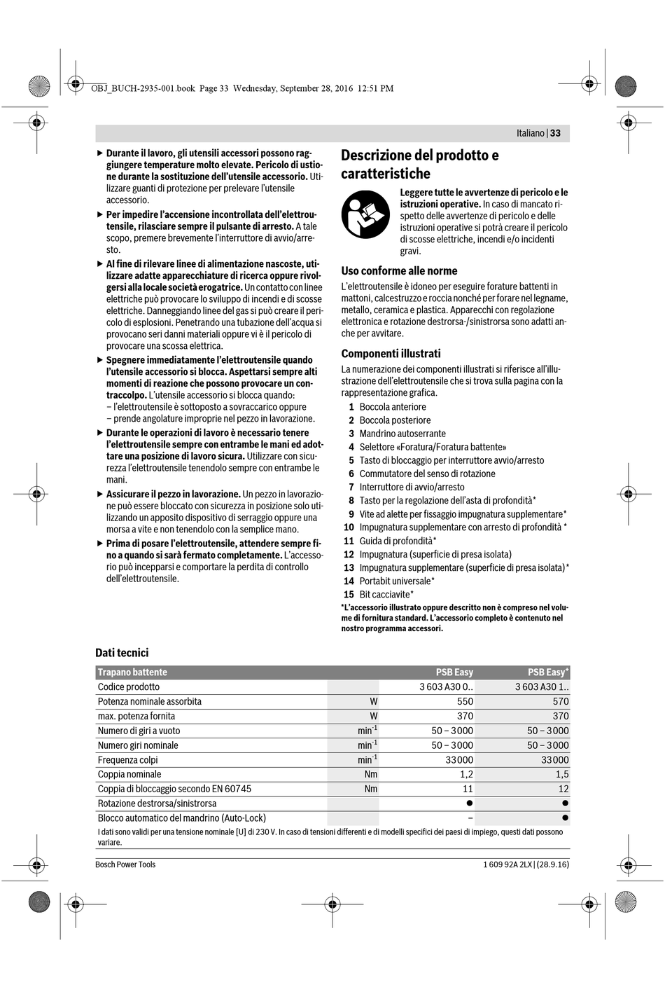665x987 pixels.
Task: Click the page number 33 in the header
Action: (555, 133)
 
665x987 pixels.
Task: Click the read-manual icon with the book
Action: (365, 214)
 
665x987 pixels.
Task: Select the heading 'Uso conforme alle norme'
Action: (399, 271)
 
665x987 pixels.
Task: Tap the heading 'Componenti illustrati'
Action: (391, 354)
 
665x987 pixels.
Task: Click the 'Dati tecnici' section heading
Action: (122, 653)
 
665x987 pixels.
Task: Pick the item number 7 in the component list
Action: (351, 487)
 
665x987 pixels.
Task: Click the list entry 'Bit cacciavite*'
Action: (386, 595)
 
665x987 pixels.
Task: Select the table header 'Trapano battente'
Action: (132, 672)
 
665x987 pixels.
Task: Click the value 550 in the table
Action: (465, 701)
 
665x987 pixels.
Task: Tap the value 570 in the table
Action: (561, 701)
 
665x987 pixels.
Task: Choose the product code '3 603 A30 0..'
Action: (446, 687)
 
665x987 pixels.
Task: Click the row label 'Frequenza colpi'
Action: (127, 760)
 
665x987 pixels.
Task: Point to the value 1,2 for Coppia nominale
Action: (466, 775)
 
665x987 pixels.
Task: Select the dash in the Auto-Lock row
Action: (470, 818)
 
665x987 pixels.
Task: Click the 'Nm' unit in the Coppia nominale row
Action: (370, 775)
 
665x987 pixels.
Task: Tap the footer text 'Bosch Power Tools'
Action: (125, 864)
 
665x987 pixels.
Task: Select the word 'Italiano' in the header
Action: (530, 133)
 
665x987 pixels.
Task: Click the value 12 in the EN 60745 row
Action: (563, 789)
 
